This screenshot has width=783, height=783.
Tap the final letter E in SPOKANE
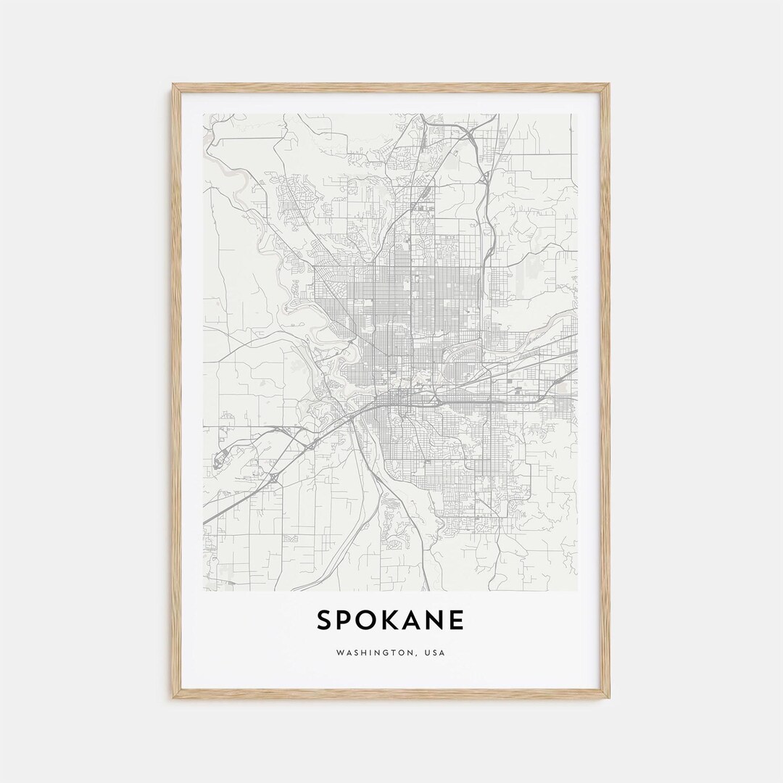tap(458, 621)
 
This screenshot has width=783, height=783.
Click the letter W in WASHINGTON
tap(340, 653)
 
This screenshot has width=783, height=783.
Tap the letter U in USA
tap(429, 653)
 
